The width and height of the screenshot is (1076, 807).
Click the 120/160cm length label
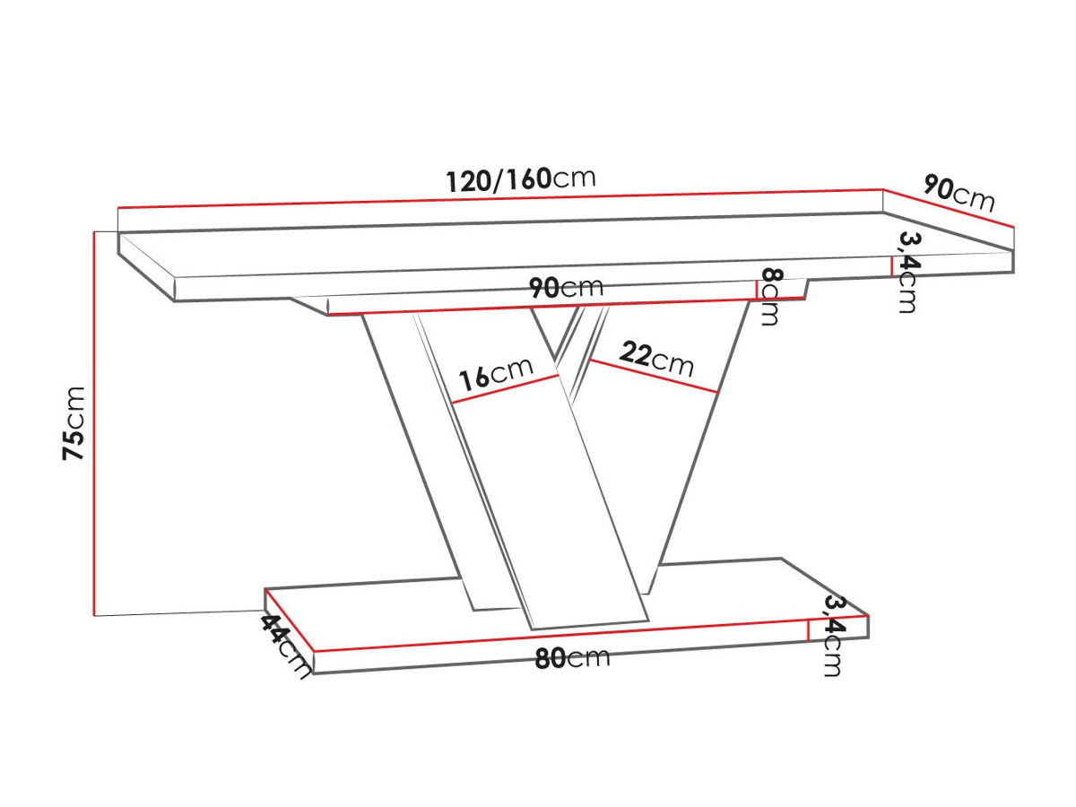point(521,179)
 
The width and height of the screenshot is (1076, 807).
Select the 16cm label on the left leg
point(496,373)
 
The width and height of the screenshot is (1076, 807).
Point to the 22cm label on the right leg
point(656,359)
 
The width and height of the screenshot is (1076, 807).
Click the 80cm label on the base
point(572,658)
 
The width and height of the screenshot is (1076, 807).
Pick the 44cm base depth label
point(286,646)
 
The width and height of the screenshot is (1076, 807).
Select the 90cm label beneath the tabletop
point(566,287)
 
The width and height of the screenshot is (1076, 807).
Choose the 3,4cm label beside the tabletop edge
point(907,272)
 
